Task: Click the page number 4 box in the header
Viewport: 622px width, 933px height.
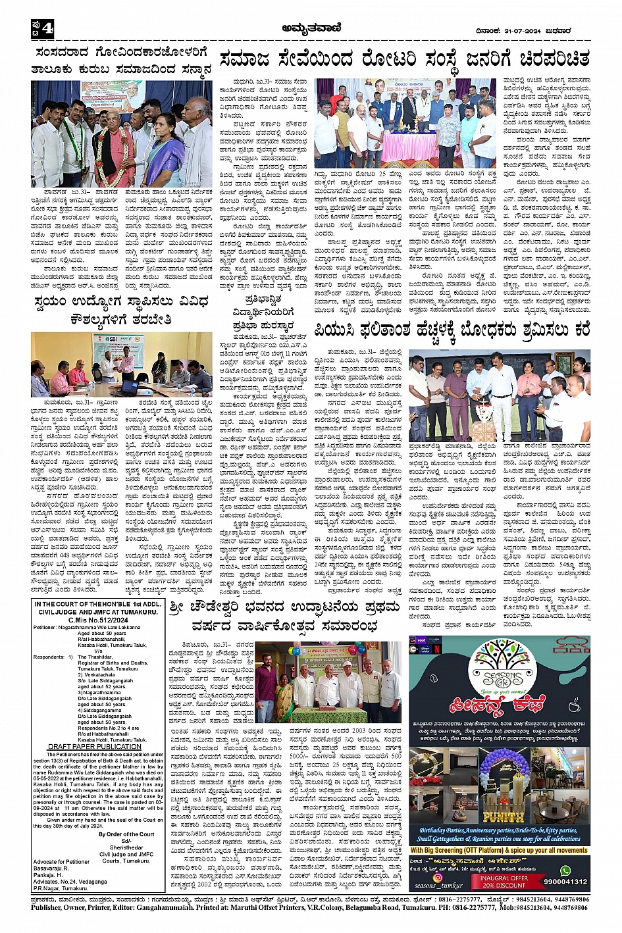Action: (41, 30)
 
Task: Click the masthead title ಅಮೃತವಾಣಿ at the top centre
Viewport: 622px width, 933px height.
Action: (310, 29)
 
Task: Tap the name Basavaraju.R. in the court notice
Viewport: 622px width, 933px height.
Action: (51, 868)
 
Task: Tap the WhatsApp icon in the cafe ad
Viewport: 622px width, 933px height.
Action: (565, 870)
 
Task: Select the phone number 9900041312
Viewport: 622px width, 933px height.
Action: (565, 882)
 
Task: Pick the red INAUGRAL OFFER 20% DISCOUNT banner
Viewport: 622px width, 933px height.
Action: (504, 882)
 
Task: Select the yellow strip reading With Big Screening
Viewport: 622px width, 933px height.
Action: (500, 851)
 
